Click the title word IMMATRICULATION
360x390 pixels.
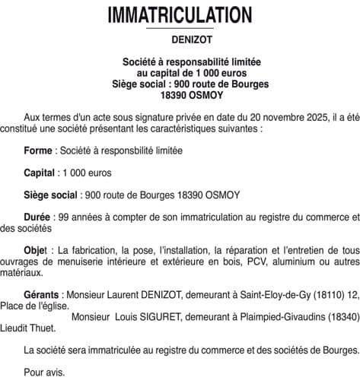pos(180,15)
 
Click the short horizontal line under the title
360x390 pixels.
pos(180,29)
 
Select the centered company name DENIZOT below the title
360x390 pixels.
pos(180,40)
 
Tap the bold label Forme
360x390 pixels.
pos(38,151)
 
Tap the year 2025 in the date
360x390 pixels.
pos(301,117)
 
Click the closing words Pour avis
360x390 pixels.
pos(44,373)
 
